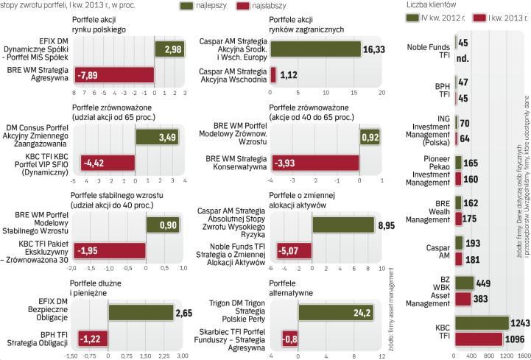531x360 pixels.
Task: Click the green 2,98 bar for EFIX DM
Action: click(x=169, y=49)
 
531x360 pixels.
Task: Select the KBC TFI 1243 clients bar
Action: click(x=482, y=323)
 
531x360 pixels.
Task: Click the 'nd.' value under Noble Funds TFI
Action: click(x=463, y=57)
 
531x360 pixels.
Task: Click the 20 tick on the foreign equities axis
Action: click(x=381, y=93)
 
